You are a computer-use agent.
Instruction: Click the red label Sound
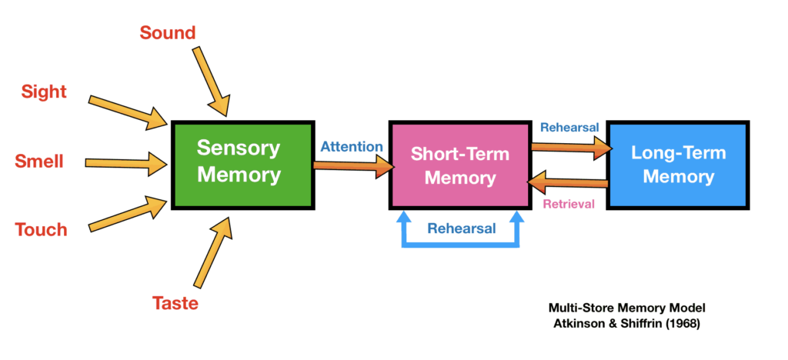(168, 32)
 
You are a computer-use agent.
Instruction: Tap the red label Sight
(44, 92)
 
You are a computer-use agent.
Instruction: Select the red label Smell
(39, 162)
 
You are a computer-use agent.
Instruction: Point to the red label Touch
(42, 229)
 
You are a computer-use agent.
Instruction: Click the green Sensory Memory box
(239, 163)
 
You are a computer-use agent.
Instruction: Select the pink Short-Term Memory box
(459, 165)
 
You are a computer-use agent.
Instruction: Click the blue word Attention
(351, 146)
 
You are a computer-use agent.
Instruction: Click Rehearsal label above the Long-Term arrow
(569, 127)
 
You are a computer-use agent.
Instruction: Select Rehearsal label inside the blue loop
(461, 228)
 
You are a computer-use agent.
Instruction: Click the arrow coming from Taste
(212, 254)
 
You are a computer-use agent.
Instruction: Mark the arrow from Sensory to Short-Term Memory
(350, 165)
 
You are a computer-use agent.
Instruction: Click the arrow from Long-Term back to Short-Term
(569, 184)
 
